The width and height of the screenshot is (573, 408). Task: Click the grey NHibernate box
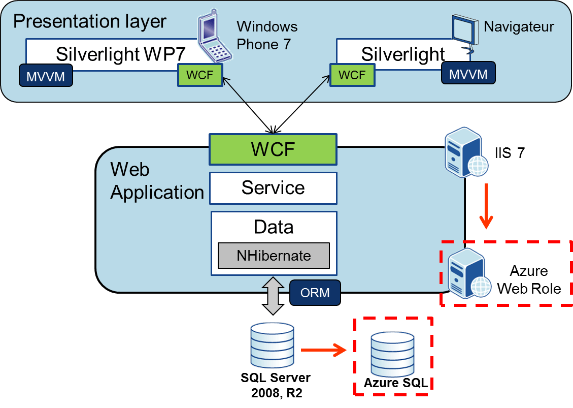click(x=274, y=256)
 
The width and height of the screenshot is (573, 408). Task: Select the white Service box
click(x=273, y=188)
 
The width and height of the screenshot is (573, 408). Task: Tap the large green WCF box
click(x=273, y=150)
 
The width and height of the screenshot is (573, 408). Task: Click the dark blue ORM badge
click(x=315, y=293)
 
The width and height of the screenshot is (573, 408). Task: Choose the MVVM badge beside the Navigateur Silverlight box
click(x=467, y=74)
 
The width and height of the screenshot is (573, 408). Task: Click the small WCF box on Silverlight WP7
click(x=200, y=75)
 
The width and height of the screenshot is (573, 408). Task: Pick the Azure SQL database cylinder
click(x=392, y=354)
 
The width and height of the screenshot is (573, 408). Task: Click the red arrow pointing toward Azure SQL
click(x=323, y=350)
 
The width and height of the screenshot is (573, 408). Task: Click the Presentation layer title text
click(x=89, y=21)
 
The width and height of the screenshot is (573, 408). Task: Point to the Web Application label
click(x=157, y=181)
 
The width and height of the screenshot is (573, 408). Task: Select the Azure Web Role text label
click(x=529, y=279)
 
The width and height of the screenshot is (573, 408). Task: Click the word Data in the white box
click(x=274, y=227)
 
